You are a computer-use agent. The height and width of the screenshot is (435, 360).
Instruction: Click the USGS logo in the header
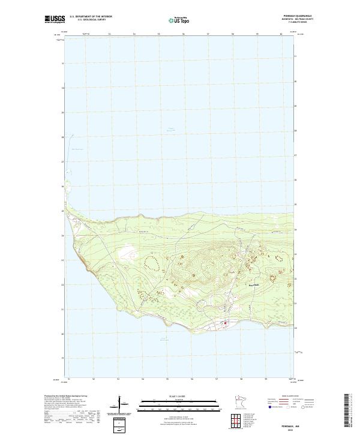tap(55, 19)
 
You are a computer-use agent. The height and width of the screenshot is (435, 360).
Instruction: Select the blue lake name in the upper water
tap(170, 129)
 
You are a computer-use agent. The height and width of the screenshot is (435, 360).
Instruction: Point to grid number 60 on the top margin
tap(281, 34)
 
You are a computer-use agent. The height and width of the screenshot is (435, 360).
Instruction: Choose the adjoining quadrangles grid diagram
tap(229, 419)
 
